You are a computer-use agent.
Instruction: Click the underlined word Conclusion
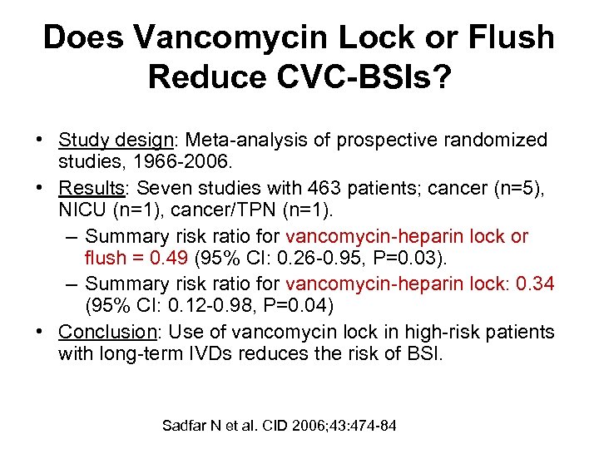tap(107, 332)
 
